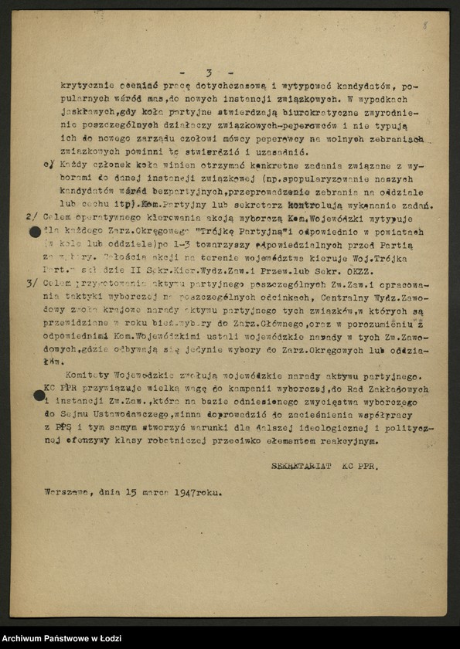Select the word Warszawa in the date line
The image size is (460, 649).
(65, 492)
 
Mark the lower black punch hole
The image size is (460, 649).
(39, 396)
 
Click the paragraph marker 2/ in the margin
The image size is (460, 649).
(32, 219)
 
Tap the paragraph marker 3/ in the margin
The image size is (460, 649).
(32, 284)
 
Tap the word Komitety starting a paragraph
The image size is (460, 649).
(83, 375)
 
